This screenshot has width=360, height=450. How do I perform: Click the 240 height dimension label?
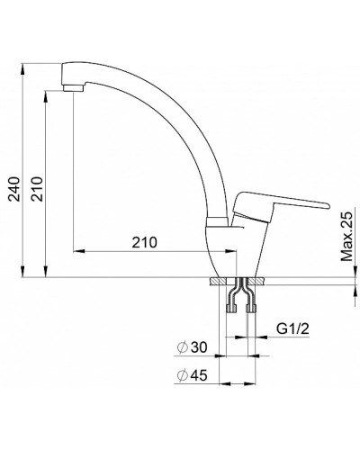click(14, 189)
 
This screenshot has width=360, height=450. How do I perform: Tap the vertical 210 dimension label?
click(38, 189)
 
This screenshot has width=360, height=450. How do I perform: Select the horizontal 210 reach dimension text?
click(145, 242)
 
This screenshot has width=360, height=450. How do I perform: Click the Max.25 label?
click(346, 237)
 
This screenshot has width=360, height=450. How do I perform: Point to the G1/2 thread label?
click(292, 329)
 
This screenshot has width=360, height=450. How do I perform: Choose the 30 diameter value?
click(199, 347)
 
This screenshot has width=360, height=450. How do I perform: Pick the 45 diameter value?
click(199, 375)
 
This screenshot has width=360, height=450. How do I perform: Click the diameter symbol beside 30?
click(182, 347)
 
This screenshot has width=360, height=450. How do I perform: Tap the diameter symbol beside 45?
click(182, 375)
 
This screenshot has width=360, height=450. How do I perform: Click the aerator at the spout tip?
click(74, 88)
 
